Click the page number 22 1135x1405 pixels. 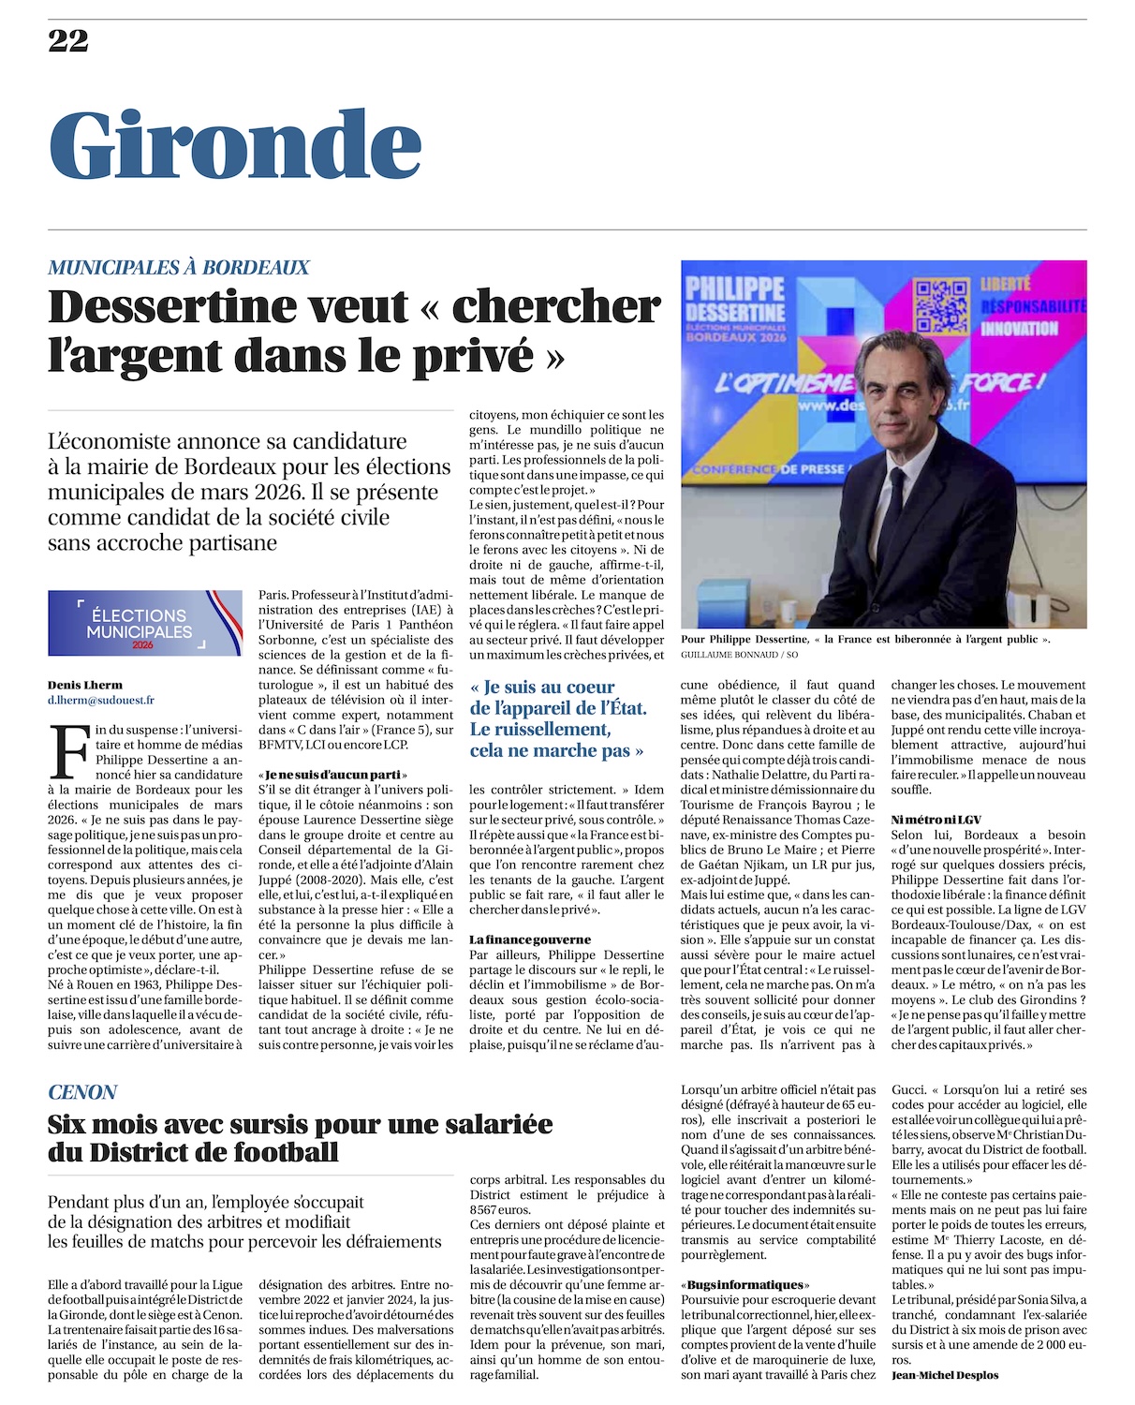pyautogui.click(x=68, y=40)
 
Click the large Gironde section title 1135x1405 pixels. pyautogui.click(x=235, y=145)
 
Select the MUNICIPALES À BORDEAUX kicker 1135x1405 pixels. pyautogui.click(x=178, y=267)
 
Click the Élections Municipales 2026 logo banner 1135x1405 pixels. pyautogui.click(x=145, y=623)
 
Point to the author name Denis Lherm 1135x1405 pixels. pyautogui.click(x=85, y=685)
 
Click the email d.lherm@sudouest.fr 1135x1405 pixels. pyautogui.click(x=101, y=700)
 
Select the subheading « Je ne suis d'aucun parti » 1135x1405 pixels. pyautogui.click(x=332, y=775)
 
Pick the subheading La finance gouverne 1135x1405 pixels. pyautogui.click(x=530, y=939)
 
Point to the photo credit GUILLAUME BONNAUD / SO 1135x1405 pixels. pyautogui.click(x=740, y=655)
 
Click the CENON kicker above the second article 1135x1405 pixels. pyautogui.click(x=82, y=1092)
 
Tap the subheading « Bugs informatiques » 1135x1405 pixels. pyautogui.click(x=745, y=1284)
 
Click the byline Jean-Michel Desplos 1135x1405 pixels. pyautogui.click(x=945, y=1375)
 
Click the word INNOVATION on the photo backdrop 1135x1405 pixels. pyautogui.click(x=1019, y=329)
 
